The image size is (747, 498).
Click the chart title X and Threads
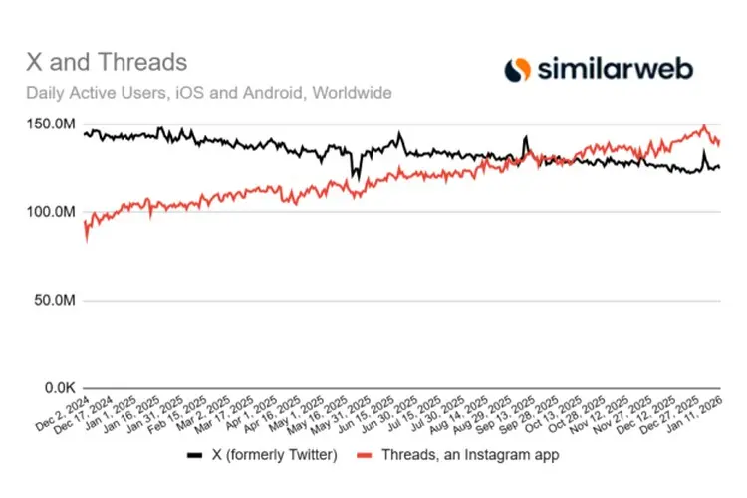pyautogui.click(x=107, y=62)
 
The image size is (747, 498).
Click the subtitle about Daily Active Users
pyautogui.click(x=209, y=93)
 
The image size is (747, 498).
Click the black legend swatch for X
pyautogui.click(x=194, y=455)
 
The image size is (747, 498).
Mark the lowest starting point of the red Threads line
pyautogui.click(x=87, y=240)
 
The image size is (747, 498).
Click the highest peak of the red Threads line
pyautogui.click(x=703, y=126)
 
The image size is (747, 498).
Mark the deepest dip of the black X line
pyautogui.click(x=354, y=178)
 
